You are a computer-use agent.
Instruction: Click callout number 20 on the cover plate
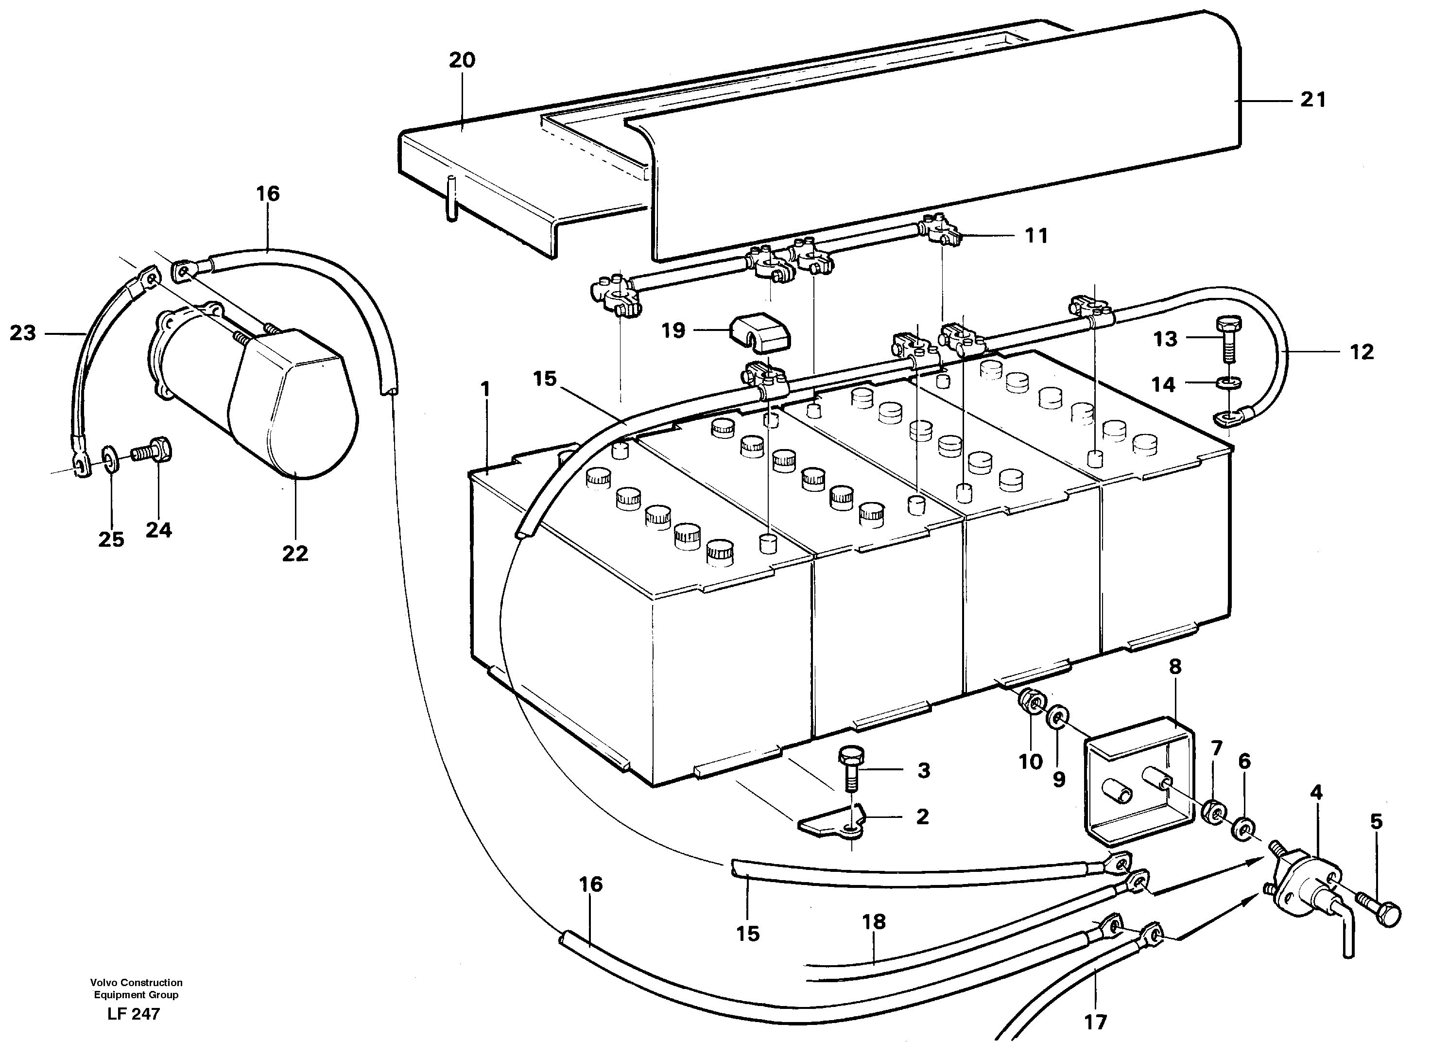462,60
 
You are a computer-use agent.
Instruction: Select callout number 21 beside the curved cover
1312,100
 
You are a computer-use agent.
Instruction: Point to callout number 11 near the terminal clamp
1036,236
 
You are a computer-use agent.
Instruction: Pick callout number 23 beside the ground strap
23,333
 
